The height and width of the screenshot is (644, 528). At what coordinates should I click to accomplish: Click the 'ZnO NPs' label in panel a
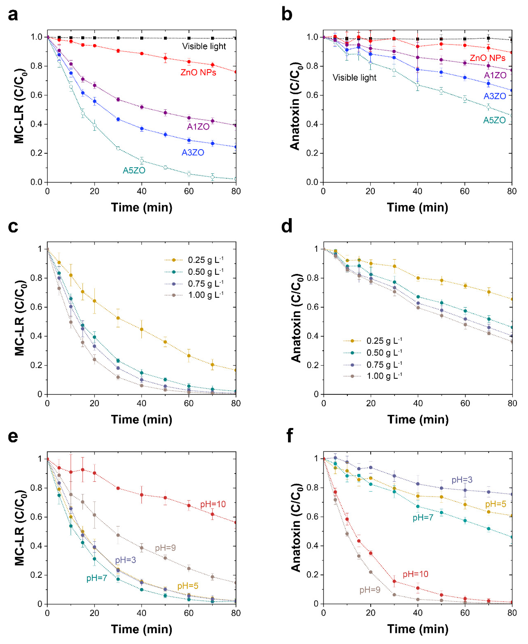click(198, 72)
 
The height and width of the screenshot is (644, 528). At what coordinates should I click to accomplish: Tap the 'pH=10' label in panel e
click(213, 504)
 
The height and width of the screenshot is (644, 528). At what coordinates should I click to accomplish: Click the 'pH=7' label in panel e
click(97, 578)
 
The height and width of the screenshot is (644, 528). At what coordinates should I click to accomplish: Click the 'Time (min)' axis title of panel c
click(141, 420)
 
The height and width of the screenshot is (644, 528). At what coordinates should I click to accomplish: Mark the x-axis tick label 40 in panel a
click(141, 191)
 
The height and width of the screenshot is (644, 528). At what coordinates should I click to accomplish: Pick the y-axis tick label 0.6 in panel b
click(312, 95)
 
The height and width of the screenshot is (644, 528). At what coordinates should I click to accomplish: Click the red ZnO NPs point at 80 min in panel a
click(236, 72)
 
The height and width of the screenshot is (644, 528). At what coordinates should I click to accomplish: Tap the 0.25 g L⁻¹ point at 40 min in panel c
click(141, 330)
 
